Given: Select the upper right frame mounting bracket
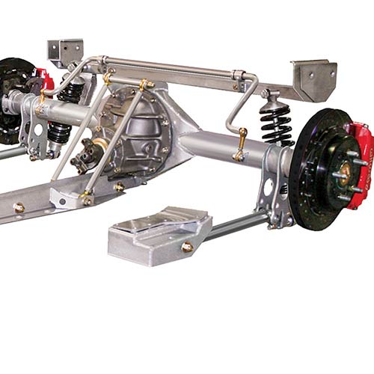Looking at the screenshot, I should click(x=310, y=79).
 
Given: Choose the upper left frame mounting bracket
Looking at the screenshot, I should click(x=66, y=51).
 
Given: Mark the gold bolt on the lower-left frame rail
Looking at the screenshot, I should click(x=19, y=208).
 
